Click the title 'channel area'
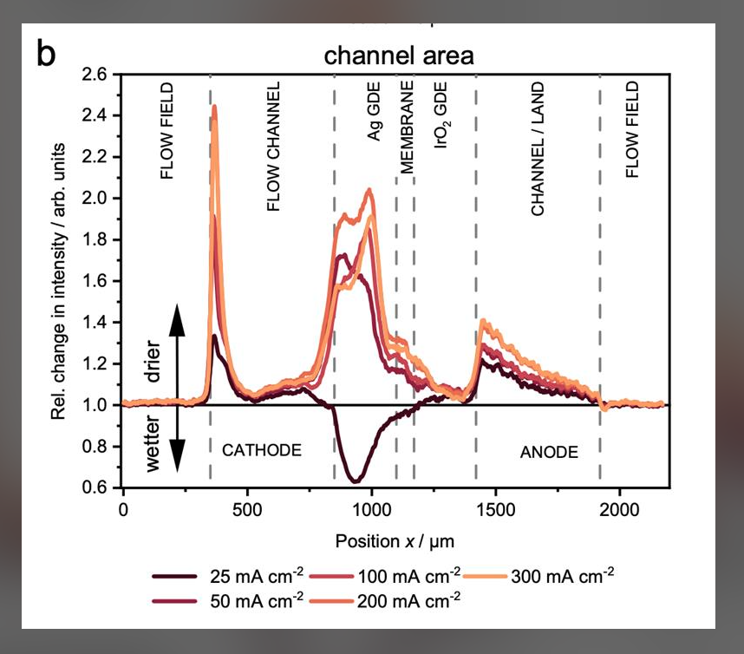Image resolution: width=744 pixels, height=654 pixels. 399,57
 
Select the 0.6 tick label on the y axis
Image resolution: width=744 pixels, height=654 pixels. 98,487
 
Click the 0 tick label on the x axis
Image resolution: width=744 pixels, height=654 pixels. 124,510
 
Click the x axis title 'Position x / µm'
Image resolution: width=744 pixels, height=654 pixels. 395,540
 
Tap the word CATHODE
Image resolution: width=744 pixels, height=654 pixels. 262,450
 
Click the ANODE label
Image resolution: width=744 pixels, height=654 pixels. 548,452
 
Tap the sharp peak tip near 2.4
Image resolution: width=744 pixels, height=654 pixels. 214,107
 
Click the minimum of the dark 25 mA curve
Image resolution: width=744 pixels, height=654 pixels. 355,481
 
